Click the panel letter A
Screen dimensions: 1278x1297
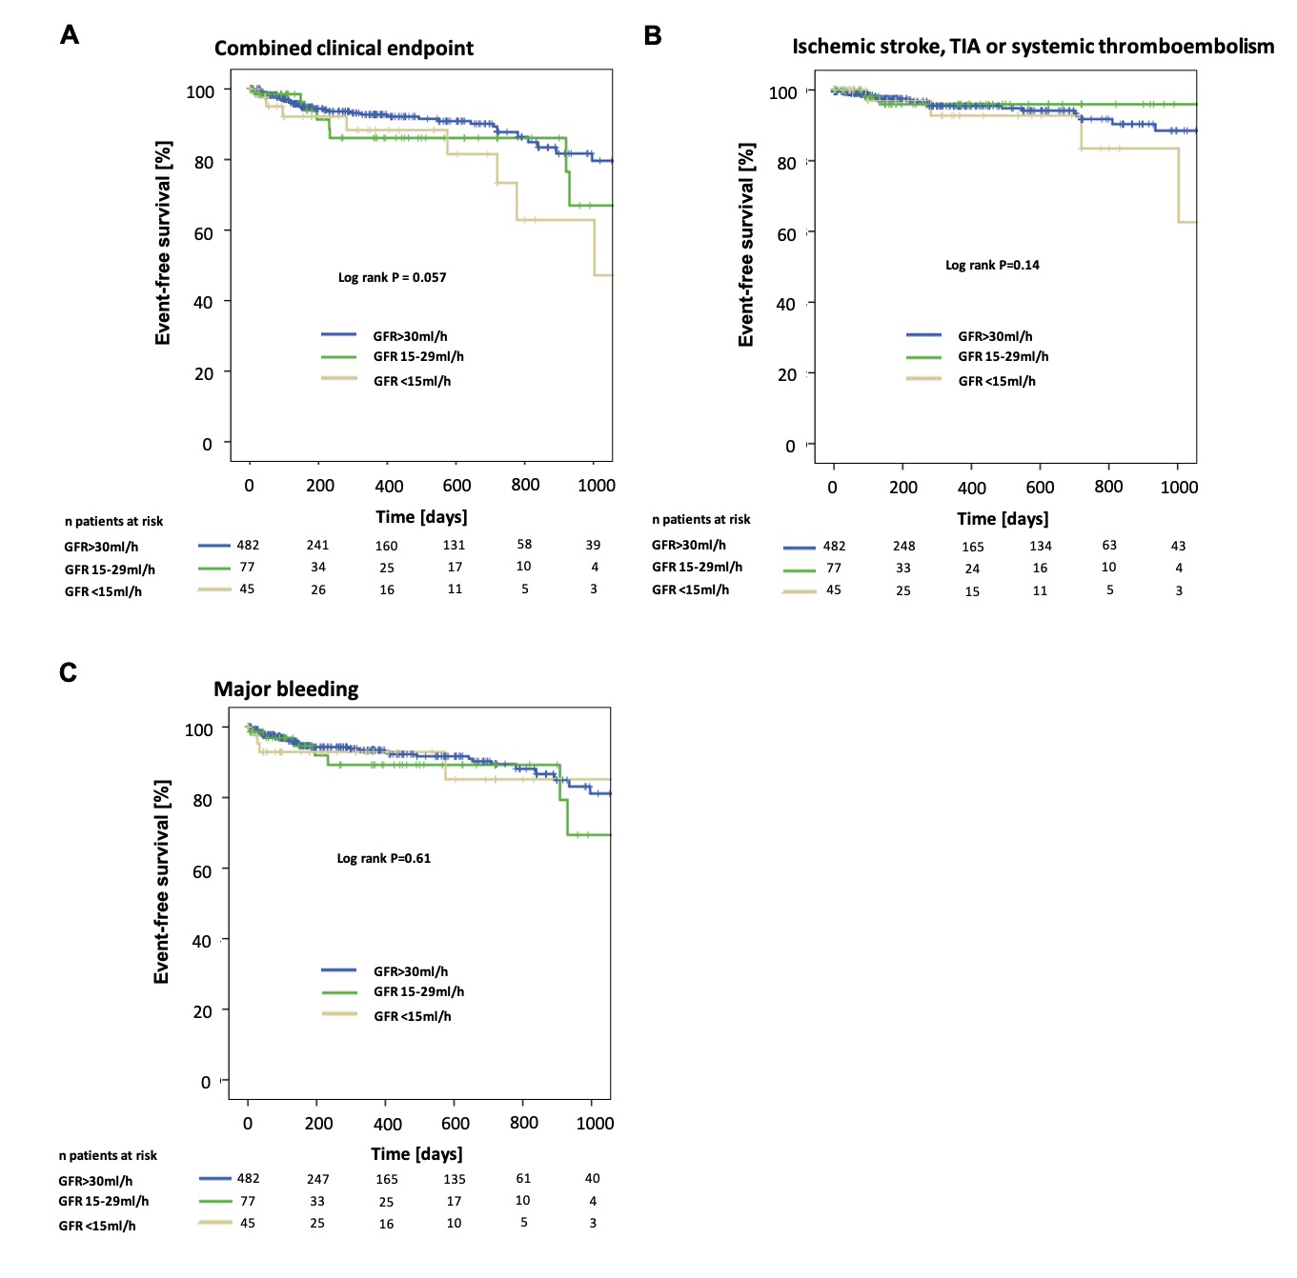[x=70, y=35]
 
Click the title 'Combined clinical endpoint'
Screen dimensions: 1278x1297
[x=343, y=49]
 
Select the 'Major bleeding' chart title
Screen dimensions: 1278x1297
[x=286, y=689]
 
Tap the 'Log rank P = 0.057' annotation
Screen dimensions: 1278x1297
[x=392, y=278]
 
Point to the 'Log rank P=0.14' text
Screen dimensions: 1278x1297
[x=992, y=266]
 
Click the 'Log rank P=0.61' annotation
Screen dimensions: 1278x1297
[x=383, y=859]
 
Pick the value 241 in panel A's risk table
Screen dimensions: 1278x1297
[x=317, y=546]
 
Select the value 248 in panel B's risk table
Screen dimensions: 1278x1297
[x=903, y=547]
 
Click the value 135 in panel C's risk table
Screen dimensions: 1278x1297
[x=455, y=1180]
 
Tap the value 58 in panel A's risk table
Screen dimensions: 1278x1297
[x=524, y=545]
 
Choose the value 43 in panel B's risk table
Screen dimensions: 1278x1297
[x=1178, y=547]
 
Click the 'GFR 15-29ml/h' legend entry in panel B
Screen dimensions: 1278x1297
[x=1003, y=357]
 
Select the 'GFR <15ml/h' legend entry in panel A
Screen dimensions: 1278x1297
[x=412, y=382]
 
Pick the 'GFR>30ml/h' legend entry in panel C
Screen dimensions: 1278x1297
[x=410, y=972]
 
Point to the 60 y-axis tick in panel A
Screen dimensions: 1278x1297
[x=204, y=233]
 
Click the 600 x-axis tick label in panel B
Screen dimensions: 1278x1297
[x=1040, y=488]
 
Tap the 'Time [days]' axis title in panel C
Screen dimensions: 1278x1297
[x=416, y=1154]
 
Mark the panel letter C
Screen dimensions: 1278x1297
[x=68, y=673]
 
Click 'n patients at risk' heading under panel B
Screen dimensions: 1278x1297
[x=700, y=520]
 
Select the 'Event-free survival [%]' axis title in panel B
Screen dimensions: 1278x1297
[x=746, y=246]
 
